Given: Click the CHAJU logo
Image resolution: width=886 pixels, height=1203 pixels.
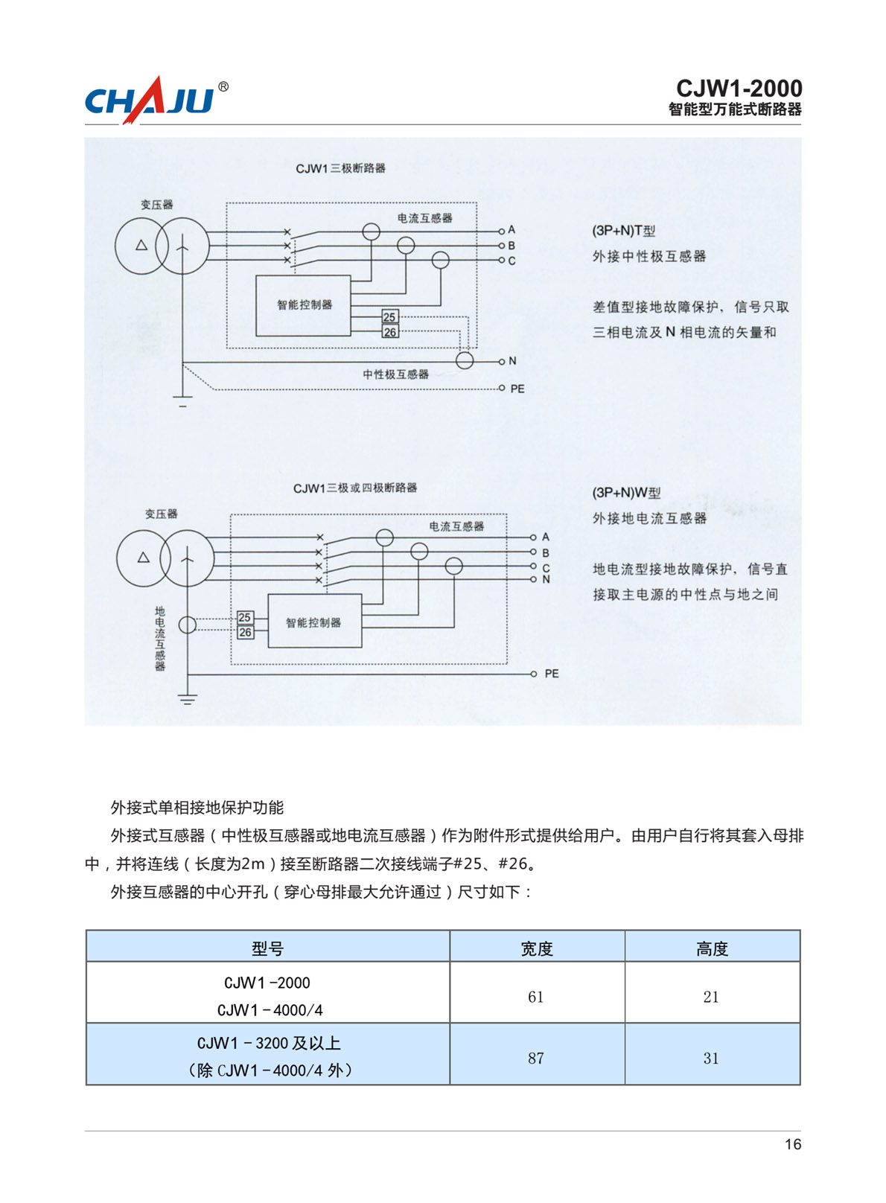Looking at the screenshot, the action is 156,100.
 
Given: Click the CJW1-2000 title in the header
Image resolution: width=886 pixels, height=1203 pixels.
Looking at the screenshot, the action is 739,88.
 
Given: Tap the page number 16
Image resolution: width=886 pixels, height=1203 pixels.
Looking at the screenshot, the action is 793,1144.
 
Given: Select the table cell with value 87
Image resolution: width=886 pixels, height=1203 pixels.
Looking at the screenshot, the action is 536,1058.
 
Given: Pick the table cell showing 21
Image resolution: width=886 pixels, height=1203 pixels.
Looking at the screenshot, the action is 712,997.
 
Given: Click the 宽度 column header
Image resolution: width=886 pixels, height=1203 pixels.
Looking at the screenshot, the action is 537,949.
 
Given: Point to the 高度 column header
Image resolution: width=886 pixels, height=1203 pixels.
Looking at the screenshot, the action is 712,949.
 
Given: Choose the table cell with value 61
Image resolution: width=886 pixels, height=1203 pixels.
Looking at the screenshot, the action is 536,997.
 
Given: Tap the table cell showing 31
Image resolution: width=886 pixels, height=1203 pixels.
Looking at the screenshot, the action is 712,1058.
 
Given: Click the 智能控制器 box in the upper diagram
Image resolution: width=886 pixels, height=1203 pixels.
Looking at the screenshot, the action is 303,305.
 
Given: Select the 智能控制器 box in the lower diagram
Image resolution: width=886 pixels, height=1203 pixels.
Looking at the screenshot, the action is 315,621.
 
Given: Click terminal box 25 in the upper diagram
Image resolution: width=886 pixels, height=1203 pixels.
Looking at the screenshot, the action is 390,317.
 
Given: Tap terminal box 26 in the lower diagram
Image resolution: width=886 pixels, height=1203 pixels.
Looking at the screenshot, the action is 246,632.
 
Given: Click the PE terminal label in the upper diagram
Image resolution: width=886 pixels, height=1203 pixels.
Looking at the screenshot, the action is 517,389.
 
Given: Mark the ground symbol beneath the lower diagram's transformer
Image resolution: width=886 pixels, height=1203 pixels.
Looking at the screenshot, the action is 187,700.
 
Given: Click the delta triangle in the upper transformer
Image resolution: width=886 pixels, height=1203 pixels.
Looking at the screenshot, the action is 141,246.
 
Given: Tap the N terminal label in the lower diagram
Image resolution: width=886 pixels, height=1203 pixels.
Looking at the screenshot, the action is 546,579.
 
